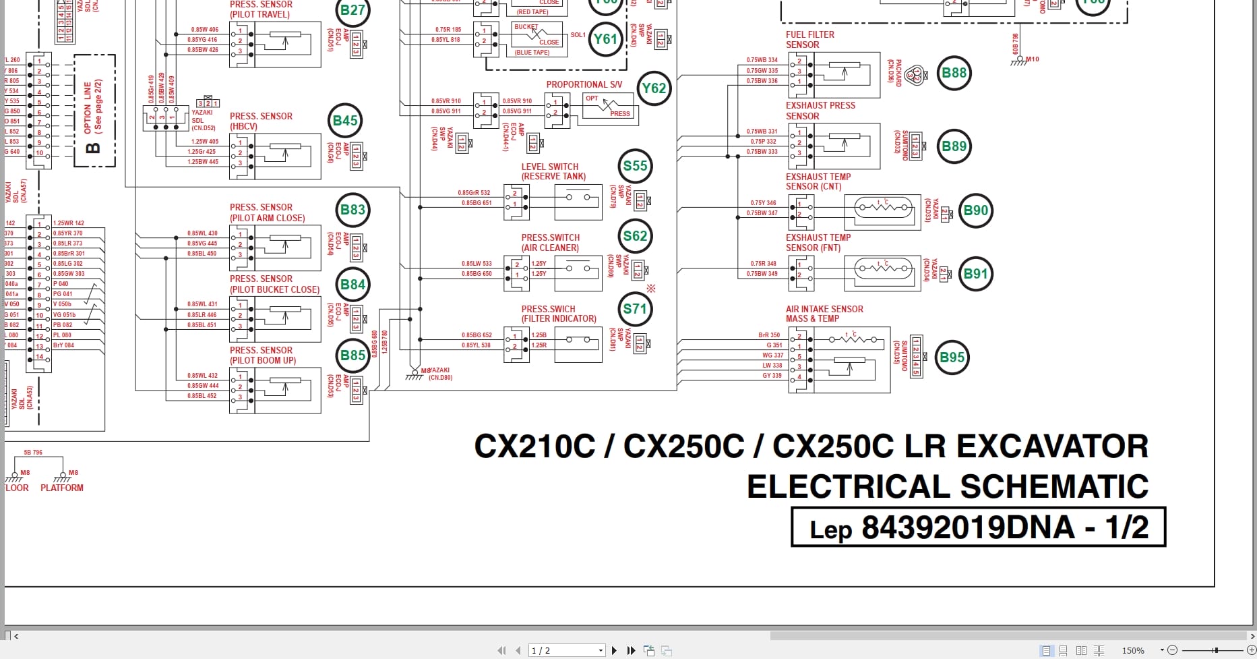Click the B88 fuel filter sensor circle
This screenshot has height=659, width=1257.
tap(954, 73)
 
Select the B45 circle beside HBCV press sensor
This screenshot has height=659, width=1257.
tap(345, 121)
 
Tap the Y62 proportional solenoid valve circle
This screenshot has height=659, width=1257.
tap(654, 88)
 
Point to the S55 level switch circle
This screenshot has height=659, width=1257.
tap(635, 166)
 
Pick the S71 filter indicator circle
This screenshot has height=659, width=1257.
tap(635, 309)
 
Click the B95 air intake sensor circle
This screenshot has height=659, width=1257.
tap(952, 357)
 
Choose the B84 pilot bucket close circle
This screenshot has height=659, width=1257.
tap(352, 285)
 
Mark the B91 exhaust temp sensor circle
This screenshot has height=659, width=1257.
tap(975, 274)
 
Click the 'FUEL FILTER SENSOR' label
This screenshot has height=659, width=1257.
tap(809, 40)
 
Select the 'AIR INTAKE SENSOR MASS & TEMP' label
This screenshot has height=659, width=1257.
tap(824, 314)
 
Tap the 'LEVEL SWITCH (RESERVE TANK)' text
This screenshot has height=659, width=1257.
tap(553, 171)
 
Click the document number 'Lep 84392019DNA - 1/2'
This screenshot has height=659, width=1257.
tap(978, 527)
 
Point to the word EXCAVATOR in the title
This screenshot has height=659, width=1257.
tap(1052, 447)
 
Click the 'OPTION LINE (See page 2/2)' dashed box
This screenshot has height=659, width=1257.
tap(94, 110)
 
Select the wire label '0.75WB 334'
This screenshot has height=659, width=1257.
tap(762, 60)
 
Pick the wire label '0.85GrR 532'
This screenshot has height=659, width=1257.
tap(474, 193)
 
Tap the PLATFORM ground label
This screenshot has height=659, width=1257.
tap(62, 488)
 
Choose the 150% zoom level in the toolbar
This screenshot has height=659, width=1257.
tap(1133, 650)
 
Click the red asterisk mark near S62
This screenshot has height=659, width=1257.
tap(651, 289)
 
